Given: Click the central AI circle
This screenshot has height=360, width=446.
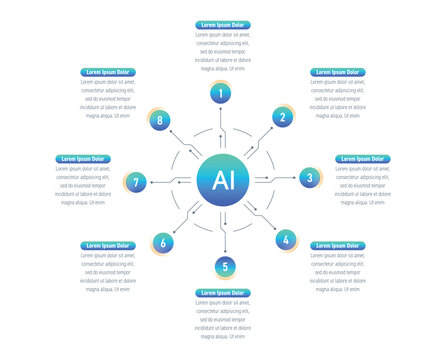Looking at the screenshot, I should pos(222,180).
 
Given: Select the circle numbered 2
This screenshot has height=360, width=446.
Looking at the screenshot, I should pos(283,118).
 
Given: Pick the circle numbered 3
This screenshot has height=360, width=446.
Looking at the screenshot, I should pos(309,178).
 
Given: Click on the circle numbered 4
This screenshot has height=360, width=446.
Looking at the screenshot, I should pos(285,240).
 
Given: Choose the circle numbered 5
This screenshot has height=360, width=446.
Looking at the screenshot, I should pos(225,266).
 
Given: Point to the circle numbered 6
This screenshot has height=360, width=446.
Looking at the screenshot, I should pos(162,241).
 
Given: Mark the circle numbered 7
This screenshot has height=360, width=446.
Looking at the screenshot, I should pos(137,182).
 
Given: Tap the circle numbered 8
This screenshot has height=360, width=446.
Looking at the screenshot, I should pos(160,120).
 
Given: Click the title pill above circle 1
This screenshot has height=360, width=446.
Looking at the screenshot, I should pos(222,24).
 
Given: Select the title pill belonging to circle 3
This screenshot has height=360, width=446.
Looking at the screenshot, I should pos(363,159).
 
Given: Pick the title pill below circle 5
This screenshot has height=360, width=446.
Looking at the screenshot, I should pos(223,292).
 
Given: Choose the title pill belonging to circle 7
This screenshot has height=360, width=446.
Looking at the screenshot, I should pos(83,159).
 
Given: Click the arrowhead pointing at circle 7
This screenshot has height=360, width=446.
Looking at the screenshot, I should pos(153,182).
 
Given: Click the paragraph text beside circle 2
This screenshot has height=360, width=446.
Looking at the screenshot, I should pos(337,99).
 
